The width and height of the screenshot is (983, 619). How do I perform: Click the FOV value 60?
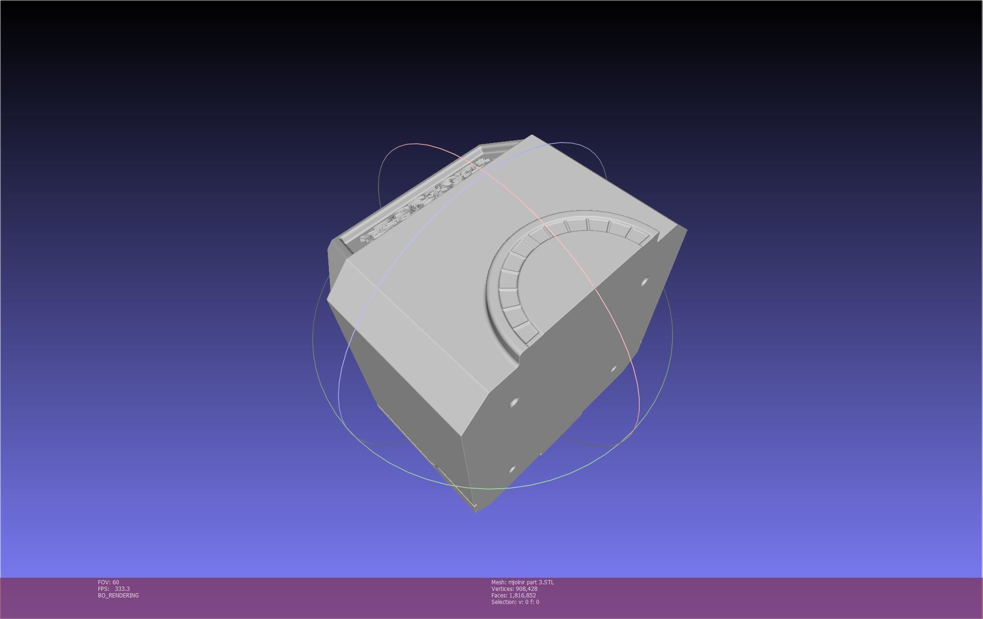115,582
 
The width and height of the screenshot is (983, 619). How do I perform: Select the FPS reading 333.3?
122,589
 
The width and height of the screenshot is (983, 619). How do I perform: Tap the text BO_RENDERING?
118,595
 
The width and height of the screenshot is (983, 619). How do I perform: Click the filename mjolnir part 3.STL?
531,582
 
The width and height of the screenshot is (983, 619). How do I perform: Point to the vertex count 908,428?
526,589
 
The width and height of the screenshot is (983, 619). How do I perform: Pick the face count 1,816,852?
522,595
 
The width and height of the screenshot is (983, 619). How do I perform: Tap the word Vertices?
502,589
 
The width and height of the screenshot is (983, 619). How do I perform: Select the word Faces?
499,595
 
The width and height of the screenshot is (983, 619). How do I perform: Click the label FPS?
103,589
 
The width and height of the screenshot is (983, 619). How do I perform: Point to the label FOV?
104,582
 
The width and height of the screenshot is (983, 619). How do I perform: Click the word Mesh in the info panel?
499,582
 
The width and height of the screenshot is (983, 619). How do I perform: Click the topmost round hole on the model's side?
644,282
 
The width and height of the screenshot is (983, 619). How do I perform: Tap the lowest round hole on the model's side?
512,469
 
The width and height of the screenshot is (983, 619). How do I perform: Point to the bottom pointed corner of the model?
476,510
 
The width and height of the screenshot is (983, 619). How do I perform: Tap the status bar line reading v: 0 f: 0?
529,602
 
